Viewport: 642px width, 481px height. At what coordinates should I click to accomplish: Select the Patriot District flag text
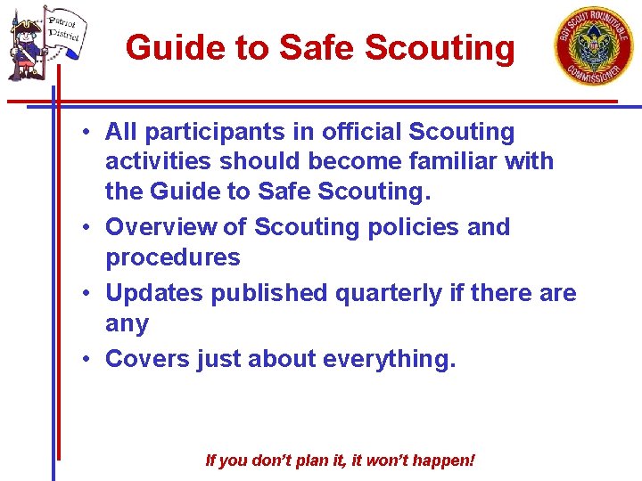point(63,29)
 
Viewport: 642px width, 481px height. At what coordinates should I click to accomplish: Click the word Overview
point(160,227)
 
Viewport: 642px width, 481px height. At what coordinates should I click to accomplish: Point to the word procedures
point(172,258)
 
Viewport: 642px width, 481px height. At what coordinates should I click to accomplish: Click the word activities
point(158,162)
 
